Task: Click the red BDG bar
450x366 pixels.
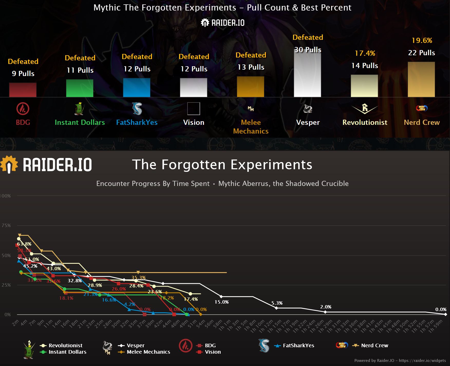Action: point(23,90)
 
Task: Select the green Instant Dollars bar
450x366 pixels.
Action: point(80,88)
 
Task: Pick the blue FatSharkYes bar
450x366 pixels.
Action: point(137,88)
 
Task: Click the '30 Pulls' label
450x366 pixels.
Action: point(308,50)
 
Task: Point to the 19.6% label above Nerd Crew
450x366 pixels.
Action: point(422,40)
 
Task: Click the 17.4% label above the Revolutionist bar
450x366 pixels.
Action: point(365,53)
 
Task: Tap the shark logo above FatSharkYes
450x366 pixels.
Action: point(137,109)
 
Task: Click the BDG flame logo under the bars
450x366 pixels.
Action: point(23,109)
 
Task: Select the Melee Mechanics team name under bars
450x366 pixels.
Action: point(251,127)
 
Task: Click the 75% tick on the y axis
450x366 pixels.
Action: point(6,226)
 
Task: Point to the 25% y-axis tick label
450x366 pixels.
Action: point(6,285)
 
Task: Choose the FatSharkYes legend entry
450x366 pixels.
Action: point(298,345)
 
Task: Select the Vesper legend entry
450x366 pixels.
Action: point(135,345)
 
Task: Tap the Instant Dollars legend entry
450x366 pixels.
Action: point(67,352)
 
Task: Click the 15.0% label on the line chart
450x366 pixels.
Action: point(221,302)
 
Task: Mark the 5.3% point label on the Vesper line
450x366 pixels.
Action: point(277,303)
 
